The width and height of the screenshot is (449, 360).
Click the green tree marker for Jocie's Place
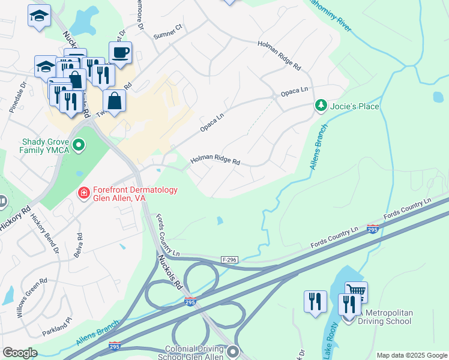tap(321, 106)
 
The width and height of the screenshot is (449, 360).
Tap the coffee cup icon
tap(120, 53)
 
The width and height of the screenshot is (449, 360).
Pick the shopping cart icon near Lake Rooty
tap(356, 292)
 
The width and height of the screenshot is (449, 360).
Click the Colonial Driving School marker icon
tap(232, 351)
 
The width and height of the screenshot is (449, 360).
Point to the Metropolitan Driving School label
tap(384, 316)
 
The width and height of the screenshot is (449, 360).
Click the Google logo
tap(20, 353)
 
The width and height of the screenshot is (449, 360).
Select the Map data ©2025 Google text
tap(411, 355)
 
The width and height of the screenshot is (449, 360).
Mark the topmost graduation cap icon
tap(39, 16)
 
